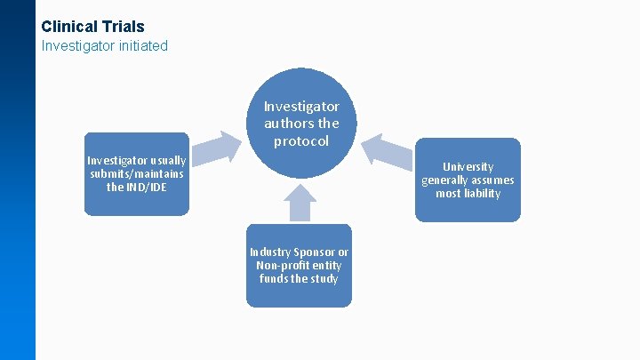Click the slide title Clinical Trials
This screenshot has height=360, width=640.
92,27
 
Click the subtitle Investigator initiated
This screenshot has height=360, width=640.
105,45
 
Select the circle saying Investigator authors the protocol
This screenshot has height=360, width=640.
301,124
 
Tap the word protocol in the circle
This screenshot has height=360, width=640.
301,141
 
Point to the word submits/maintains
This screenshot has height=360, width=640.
136,174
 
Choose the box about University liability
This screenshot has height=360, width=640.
468,180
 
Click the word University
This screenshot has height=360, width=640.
468,166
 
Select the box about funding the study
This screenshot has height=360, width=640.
299,266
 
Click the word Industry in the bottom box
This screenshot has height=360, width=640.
269,252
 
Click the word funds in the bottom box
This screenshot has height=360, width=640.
273,278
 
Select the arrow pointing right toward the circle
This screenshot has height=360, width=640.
217,148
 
